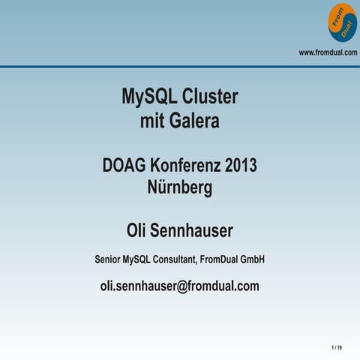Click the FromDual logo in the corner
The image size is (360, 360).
pos(342,22)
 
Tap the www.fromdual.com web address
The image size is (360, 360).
pos(328,52)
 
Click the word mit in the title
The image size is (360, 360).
pos(153,120)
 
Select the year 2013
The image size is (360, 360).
pos(241,165)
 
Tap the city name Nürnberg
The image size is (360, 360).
pos(180,187)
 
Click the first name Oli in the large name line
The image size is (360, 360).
pos(141,229)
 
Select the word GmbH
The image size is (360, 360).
pos(251,259)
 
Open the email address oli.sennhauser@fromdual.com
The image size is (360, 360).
pos(180,286)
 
